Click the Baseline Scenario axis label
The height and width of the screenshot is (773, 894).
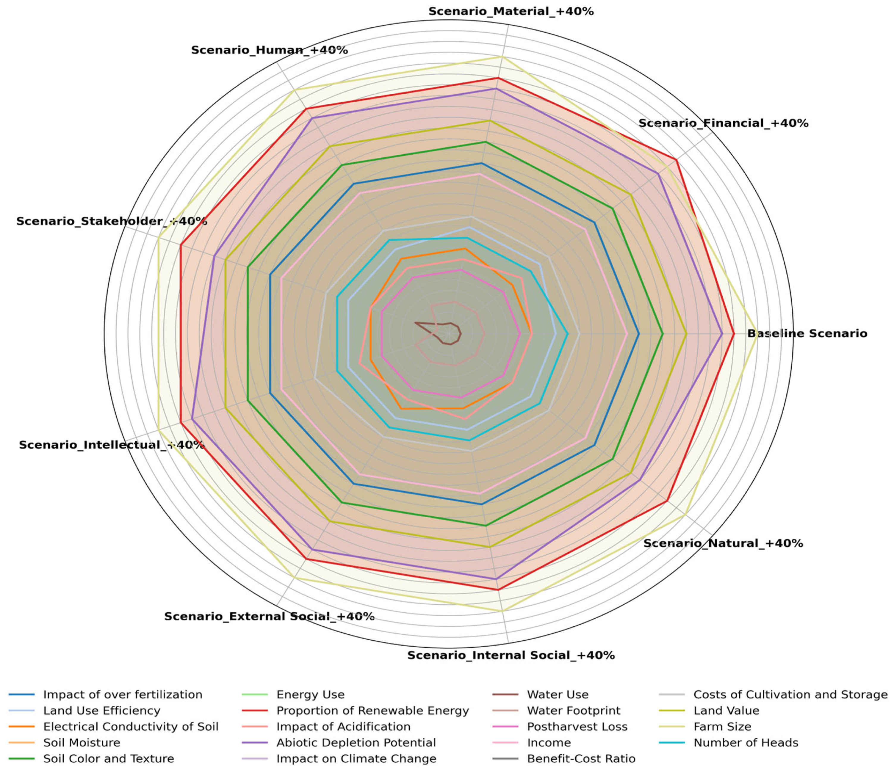[x=807, y=333]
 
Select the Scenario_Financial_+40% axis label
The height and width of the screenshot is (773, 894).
[x=723, y=123]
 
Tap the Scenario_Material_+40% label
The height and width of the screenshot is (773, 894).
[x=511, y=12]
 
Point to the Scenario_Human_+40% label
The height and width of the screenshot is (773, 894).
[x=269, y=50]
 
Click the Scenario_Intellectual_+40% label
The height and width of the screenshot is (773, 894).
[x=111, y=445]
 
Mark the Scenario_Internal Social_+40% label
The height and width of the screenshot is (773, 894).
[x=511, y=655]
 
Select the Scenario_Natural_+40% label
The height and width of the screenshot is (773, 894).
[x=723, y=543]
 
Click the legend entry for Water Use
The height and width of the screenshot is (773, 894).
[x=558, y=695]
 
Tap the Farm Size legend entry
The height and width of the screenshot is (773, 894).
[x=722, y=727]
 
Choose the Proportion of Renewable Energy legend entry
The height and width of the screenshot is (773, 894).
[x=372, y=711]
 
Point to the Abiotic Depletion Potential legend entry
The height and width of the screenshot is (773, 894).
[x=356, y=743]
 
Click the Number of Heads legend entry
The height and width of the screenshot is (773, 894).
[x=746, y=743]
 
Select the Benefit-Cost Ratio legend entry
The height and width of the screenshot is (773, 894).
[x=581, y=759]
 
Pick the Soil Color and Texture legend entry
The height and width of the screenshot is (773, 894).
[x=108, y=759]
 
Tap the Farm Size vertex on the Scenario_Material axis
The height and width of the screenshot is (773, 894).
[x=502, y=57]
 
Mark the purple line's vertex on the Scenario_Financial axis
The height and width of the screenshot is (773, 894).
[x=658, y=173]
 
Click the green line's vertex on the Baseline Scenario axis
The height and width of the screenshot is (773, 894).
[x=662, y=333]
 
